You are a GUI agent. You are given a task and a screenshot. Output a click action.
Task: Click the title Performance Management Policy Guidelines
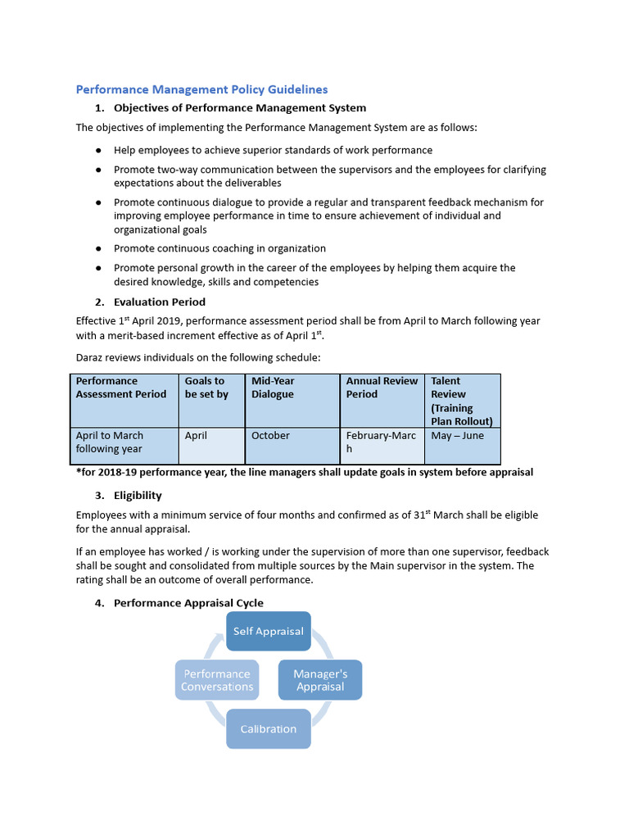(201, 89)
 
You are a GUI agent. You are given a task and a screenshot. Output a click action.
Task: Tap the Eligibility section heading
(138, 495)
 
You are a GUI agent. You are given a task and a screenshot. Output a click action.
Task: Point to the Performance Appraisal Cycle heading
(188, 603)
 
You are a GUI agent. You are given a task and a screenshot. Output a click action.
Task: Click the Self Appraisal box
(268, 631)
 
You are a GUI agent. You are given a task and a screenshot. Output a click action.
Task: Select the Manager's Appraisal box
(320, 680)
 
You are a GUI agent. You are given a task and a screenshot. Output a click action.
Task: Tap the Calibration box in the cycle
(268, 728)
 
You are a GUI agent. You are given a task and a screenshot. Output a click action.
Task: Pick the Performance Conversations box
(217, 680)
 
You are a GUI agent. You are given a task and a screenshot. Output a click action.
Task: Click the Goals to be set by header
(206, 388)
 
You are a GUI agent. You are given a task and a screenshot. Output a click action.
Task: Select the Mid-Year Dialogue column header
(273, 388)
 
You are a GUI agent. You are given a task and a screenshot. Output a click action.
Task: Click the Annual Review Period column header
(382, 388)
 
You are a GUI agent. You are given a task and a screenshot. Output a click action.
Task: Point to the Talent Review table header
(462, 401)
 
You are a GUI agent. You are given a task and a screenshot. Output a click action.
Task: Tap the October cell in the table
(270, 436)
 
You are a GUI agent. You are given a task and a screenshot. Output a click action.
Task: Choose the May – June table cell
(457, 436)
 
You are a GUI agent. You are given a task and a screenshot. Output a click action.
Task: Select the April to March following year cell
(110, 442)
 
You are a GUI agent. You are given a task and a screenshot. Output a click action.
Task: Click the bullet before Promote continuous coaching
(98, 248)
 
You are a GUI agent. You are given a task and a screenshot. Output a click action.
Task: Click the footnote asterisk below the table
(78, 472)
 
